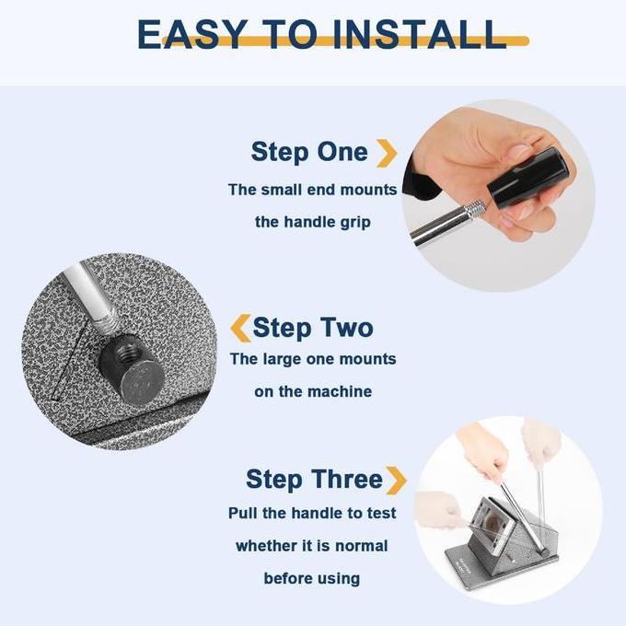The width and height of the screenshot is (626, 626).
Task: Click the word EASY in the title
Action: (x=191, y=34)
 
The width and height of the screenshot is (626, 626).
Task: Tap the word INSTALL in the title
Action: (x=419, y=34)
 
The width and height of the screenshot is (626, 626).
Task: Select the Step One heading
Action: (x=309, y=153)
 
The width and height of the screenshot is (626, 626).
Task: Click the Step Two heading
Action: (x=313, y=328)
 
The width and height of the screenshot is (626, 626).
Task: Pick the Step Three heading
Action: (x=314, y=479)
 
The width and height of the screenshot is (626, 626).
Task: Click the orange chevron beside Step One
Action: (x=387, y=154)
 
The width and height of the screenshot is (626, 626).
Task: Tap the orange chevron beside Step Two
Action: (x=241, y=328)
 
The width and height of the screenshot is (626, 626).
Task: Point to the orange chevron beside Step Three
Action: (x=397, y=481)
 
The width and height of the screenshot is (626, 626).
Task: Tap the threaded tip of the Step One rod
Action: (x=478, y=209)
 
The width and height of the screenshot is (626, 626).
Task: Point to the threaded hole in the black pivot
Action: (x=126, y=352)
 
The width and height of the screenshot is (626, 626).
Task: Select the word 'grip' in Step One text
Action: (x=355, y=223)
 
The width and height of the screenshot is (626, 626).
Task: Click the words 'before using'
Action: (x=312, y=578)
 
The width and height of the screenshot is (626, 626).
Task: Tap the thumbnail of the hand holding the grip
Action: (x=498, y=195)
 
